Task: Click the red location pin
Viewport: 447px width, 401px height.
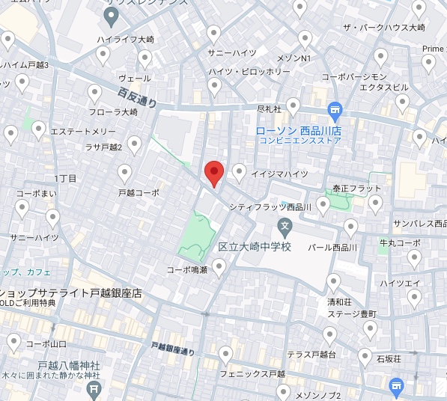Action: tap(214, 173)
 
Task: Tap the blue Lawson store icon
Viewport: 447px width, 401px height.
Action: tap(335, 110)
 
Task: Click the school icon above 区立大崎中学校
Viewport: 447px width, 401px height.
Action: tap(285, 224)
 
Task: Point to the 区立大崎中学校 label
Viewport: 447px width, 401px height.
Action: tap(254, 245)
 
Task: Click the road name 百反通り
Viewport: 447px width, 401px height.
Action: tap(137, 98)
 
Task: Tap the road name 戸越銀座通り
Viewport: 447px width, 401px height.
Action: tap(172, 348)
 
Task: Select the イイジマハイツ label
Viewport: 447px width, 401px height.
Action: tap(279, 174)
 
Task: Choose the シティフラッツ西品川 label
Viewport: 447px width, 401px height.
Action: tap(271, 206)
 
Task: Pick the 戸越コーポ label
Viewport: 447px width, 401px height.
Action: tap(139, 192)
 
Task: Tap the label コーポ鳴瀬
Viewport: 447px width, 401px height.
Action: tap(186, 269)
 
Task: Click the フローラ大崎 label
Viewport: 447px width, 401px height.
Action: tap(112, 111)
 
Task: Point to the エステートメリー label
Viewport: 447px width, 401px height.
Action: tap(83, 132)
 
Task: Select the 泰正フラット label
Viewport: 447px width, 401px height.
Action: tap(357, 188)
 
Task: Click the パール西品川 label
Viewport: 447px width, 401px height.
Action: tap(332, 247)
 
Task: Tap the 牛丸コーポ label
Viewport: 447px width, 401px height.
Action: tap(400, 242)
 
